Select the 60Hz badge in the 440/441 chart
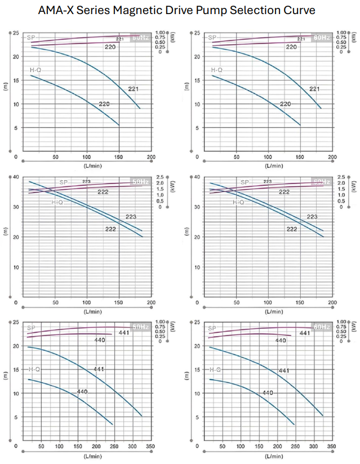[x=321, y=327]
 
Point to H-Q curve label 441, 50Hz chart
[x=99, y=369]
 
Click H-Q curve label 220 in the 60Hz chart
[x=286, y=104]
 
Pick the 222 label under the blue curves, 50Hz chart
[x=111, y=229]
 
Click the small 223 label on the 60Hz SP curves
[x=268, y=181]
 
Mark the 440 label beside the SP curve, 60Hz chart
[x=281, y=340]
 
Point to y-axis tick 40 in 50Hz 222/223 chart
[x=16, y=177]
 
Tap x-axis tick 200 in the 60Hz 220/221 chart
[x=332, y=158]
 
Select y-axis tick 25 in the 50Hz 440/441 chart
[x=16, y=322]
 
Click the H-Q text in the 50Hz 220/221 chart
[x=35, y=70]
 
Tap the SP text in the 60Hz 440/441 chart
[x=212, y=328]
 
